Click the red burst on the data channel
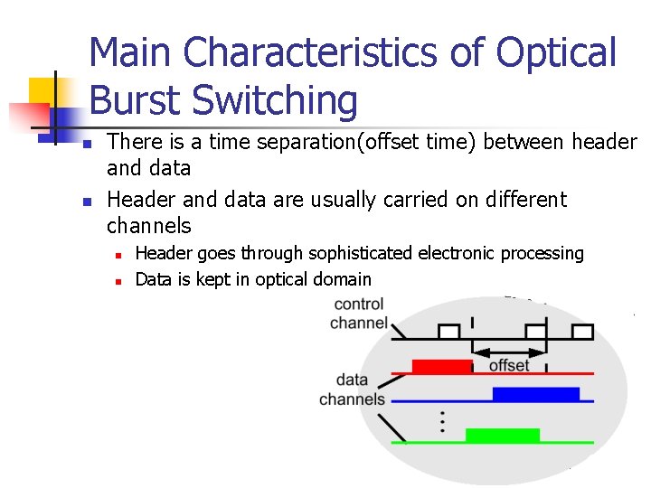pos(442,366)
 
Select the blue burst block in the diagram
pos(535,394)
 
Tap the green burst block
pos(502,436)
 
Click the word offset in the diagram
pos(509,365)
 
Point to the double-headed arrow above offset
pos(509,351)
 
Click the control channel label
pos(359,314)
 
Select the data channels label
pos(353,389)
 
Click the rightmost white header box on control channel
pos(583,332)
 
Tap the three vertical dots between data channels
pos(441,420)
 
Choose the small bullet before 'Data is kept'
pos(118,280)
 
